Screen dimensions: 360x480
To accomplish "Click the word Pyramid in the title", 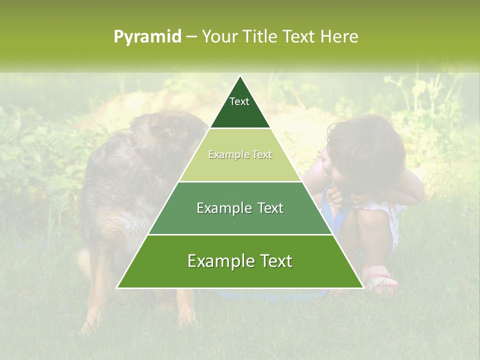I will click(147, 37).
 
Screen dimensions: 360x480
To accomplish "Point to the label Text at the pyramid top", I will click(239, 101).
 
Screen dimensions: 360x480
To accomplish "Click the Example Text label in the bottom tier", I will click(240, 261).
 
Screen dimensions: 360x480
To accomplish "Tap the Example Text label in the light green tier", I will click(240, 154).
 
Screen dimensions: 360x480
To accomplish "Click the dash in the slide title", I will click(191, 37).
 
